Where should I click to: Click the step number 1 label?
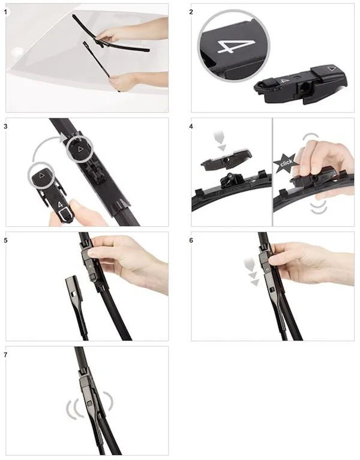(x=5, y=13)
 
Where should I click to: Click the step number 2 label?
(x=191, y=12)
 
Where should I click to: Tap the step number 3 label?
(x=5, y=127)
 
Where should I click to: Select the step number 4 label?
(x=191, y=127)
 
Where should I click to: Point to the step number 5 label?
(x=5, y=240)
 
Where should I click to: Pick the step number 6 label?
(x=191, y=240)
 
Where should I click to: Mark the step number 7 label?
(x=5, y=355)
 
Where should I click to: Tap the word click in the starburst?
(x=286, y=163)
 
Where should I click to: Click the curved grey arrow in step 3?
(x=44, y=144)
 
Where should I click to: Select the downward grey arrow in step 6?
(x=251, y=270)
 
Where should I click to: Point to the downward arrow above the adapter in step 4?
(x=220, y=141)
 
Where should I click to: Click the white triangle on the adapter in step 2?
(x=332, y=69)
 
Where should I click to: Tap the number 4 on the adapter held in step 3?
(x=60, y=205)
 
